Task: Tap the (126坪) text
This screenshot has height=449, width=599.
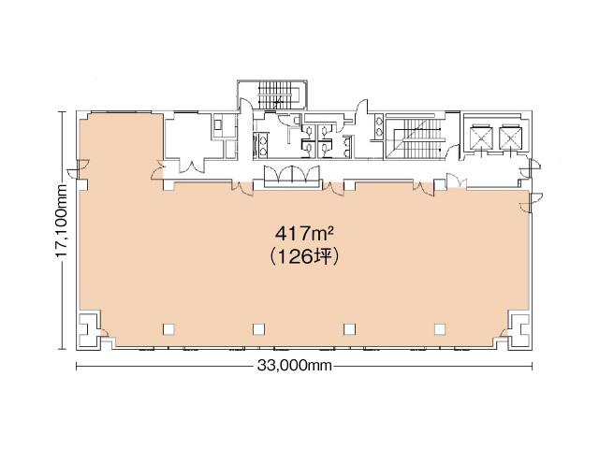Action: (x=303, y=255)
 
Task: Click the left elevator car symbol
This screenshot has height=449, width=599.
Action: (x=480, y=138)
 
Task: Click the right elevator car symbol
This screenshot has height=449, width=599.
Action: (x=511, y=138)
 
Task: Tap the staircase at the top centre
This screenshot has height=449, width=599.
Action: (x=277, y=94)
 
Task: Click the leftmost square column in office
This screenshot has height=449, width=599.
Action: (x=168, y=328)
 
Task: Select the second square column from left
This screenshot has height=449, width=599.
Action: (x=258, y=328)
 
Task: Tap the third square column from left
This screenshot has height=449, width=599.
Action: (x=349, y=328)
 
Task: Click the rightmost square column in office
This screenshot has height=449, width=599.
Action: (x=439, y=328)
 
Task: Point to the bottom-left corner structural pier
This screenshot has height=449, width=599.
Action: (x=92, y=329)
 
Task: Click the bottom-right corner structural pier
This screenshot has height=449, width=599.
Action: (x=517, y=329)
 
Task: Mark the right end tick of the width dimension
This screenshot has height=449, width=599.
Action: (x=532, y=367)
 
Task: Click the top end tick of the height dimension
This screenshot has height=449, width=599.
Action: (x=62, y=112)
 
